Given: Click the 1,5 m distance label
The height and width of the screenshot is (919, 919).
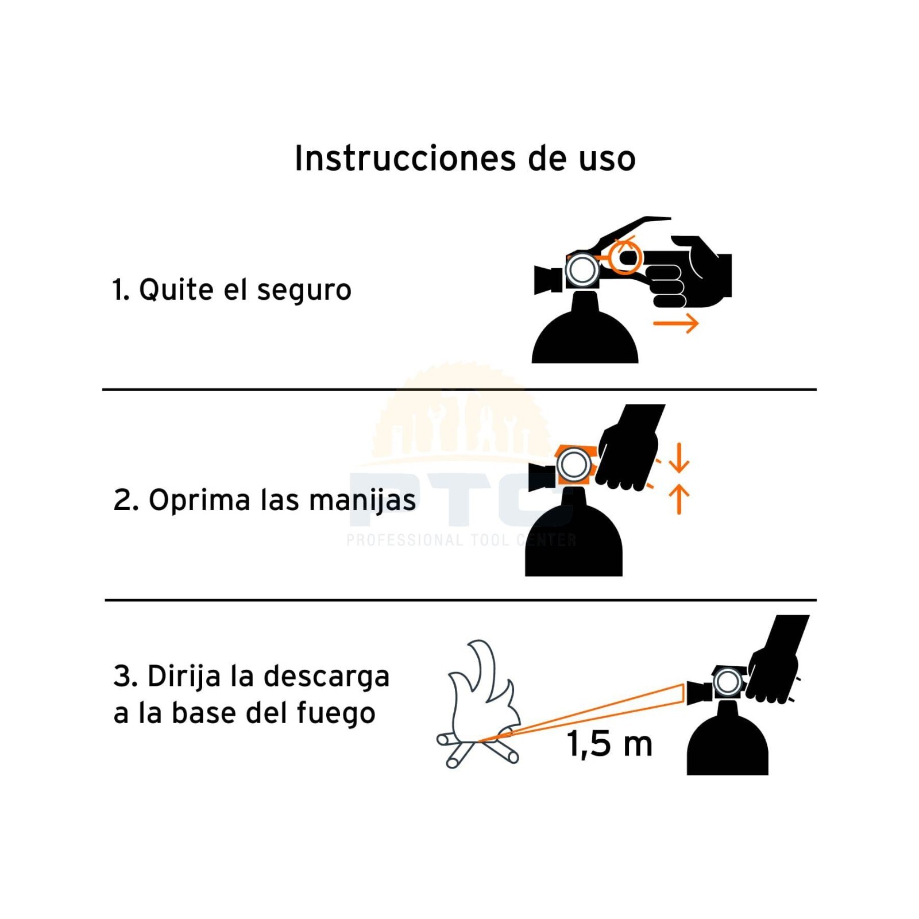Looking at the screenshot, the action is click(x=610, y=744).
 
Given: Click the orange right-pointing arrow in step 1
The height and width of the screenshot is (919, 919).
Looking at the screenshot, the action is click(x=675, y=323).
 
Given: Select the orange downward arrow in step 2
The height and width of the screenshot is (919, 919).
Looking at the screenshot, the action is click(x=679, y=457).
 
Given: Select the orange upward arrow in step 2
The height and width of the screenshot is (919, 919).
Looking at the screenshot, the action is click(x=679, y=499).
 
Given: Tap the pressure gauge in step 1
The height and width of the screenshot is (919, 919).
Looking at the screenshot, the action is click(x=582, y=269).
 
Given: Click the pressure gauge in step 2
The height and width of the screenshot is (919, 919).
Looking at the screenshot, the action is click(x=574, y=465).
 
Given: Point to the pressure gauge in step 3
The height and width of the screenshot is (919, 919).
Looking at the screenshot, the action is click(x=728, y=683).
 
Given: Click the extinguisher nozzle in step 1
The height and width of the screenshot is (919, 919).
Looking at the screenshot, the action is click(x=548, y=280).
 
